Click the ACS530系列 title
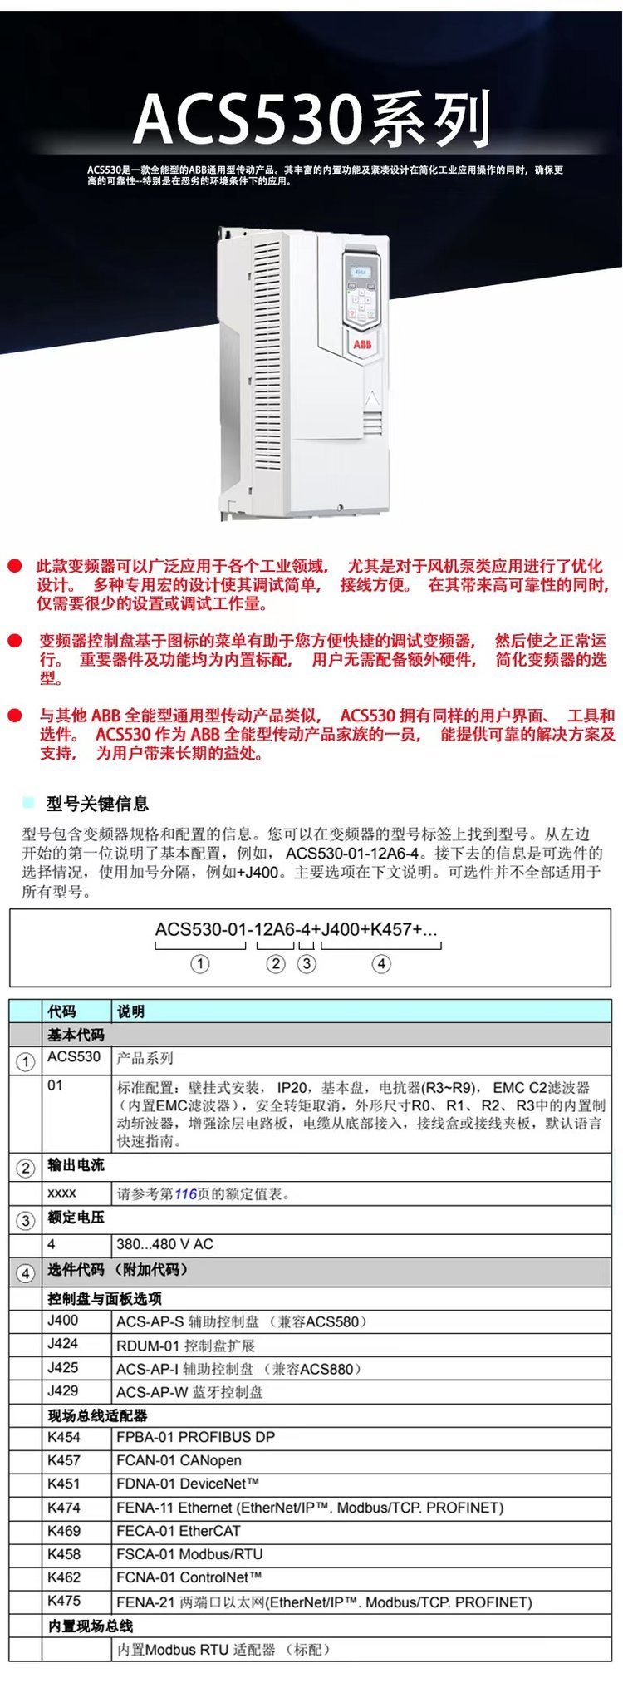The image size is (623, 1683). coord(311,120)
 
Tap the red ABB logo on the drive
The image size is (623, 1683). coord(362,343)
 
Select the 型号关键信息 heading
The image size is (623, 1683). coord(97,804)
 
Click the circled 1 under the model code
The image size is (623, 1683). coord(199,964)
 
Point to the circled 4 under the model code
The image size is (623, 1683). coord(380,964)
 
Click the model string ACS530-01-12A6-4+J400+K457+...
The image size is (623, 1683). coord(296,930)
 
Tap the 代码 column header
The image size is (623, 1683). coord(61,1011)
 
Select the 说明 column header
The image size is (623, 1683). coord(130,1011)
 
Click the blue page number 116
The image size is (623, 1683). coord(185,1194)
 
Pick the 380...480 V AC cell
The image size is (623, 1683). coord(164,1244)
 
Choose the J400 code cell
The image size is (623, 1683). coord(63,1321)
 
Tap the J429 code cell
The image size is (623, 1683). coord(63,1390)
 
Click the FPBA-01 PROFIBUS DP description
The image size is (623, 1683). coord(195,1437)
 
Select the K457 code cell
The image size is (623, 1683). coord(64,1460)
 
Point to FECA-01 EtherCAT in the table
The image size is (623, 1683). coord(178,1531)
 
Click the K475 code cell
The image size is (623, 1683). coord(64,1601)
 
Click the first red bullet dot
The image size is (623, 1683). coord(14,566)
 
